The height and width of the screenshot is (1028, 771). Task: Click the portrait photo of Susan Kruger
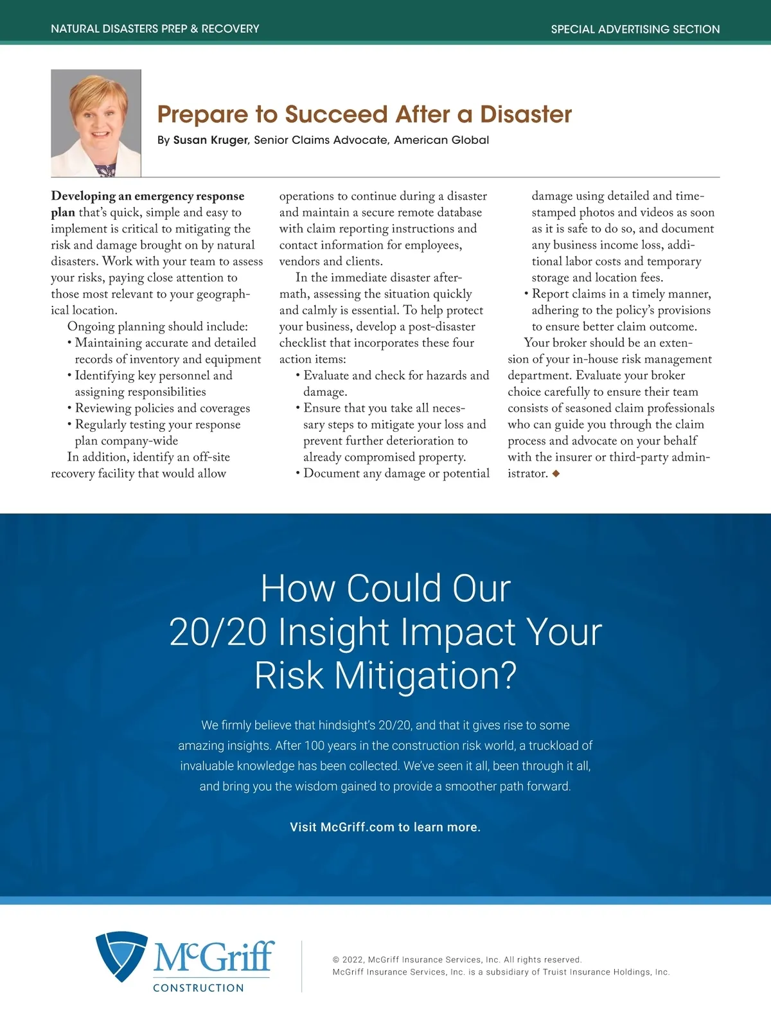[96, 123]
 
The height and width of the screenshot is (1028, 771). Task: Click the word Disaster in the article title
[526, 114]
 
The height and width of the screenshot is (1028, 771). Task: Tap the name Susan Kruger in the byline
[210, 140]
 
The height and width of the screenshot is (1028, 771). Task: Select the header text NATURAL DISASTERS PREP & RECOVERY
[155, 29]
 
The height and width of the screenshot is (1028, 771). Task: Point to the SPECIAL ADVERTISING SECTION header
[635, 29]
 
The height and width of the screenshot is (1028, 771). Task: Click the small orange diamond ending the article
[556, 474]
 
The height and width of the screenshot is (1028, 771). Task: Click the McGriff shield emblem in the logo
[121, 955]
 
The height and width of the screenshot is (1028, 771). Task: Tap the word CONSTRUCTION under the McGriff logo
[199, 988]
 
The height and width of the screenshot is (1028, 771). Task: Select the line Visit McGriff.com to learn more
[385, 827]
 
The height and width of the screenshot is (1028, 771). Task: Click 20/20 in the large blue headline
[218, 632]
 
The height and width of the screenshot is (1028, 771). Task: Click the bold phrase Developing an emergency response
[148, 196]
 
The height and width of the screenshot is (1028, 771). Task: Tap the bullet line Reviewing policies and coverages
[163, 408]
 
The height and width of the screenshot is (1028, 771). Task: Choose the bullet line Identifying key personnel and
[154, 375]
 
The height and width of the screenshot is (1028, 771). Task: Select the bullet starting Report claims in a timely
[621, 294]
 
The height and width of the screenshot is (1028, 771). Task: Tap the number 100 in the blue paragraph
[314, 745]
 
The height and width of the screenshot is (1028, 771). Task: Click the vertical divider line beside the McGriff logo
[301, 966]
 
